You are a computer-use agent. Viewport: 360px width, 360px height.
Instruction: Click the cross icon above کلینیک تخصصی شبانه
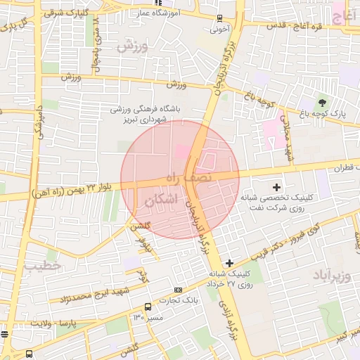pyautogui.click(x=276, y=188)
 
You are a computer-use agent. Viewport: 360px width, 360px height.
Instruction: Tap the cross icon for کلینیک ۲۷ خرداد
pyautogui.click(x=229, y=263)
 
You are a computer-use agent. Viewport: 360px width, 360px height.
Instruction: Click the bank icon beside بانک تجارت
pyautogui.click(x=178, y=289)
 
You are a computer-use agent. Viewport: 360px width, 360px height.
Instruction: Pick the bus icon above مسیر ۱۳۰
pyautogui.click(x=148, y=307)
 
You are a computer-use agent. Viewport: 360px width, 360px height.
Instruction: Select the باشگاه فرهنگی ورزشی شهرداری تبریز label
pyautogui.click(x=148, y=115)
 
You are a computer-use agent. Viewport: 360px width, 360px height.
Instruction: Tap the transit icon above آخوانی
pyautogui.click(x=221, y=19)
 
